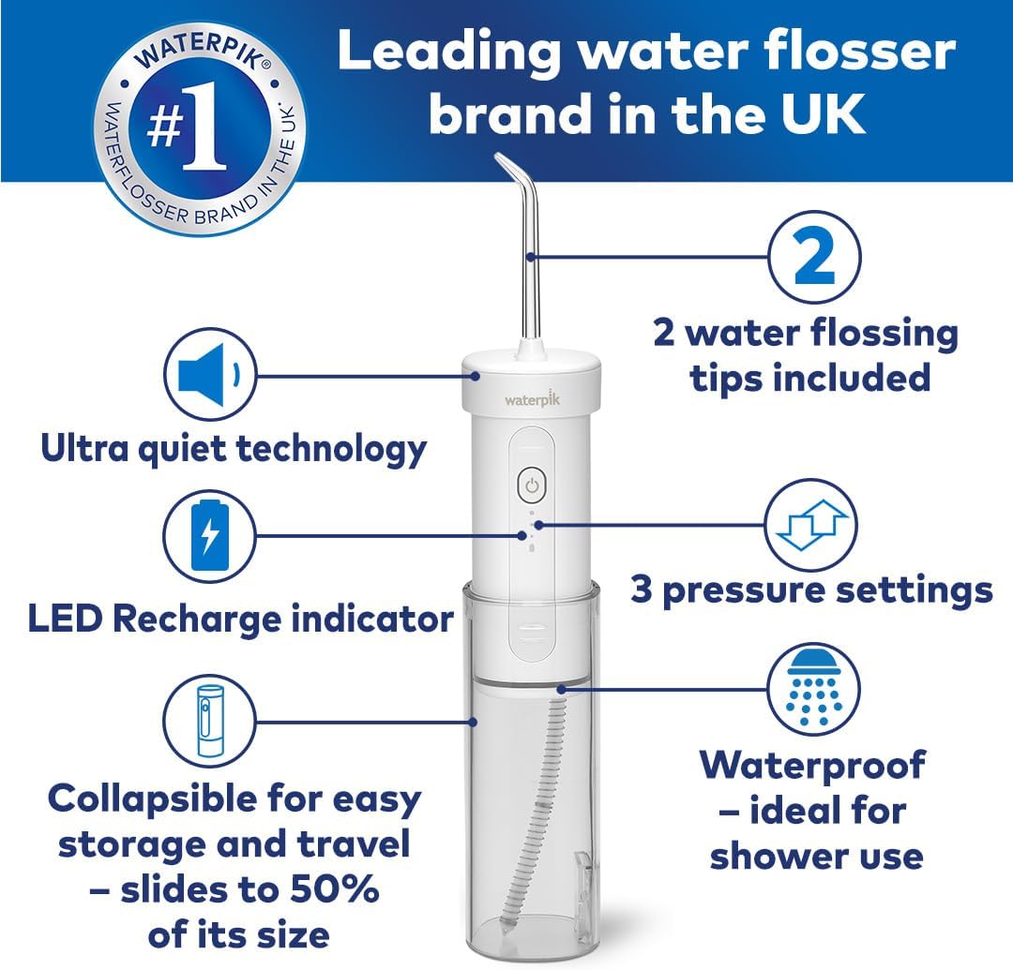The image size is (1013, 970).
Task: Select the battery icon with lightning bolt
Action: pos(210,536)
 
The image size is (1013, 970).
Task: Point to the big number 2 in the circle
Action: pos(815,258)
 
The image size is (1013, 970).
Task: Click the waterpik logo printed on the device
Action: pos(533,399)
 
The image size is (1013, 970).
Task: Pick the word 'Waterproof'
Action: pos(812,766)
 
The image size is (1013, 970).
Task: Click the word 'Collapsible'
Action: pos(154,800)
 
